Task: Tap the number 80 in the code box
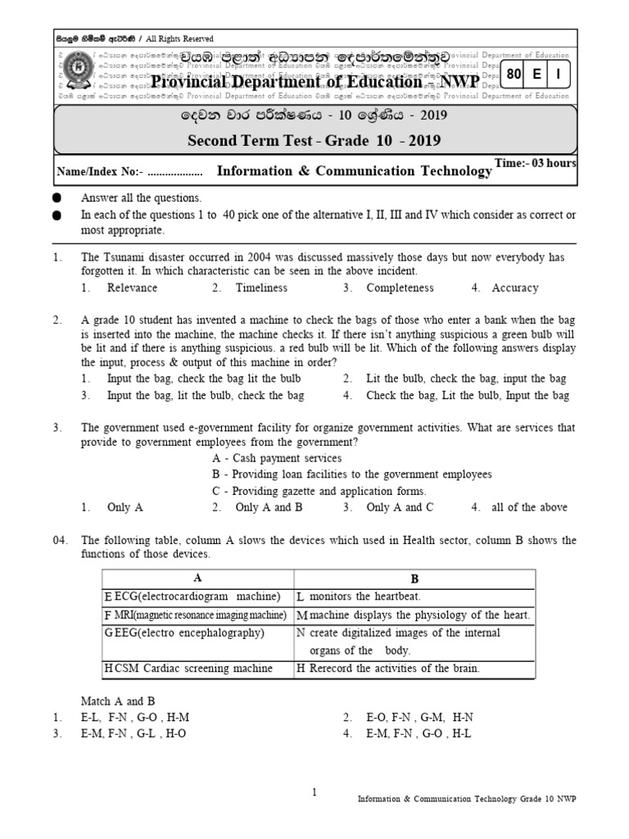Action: click(x=514, y=75)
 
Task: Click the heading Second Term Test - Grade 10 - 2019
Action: click(x=314, y=140)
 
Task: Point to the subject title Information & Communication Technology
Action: click(x=354, y=171)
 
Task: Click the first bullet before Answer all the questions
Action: click(x=57, y=199)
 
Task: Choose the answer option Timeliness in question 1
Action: click(x=261, y=288)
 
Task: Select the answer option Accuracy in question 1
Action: click(x=514, y=288)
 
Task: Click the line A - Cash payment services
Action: click(x=276, y=458)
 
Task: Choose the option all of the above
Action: click(x=529, y=507)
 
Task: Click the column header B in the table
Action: click(x=414, y=578)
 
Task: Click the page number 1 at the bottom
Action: click(x=314, y=791)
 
